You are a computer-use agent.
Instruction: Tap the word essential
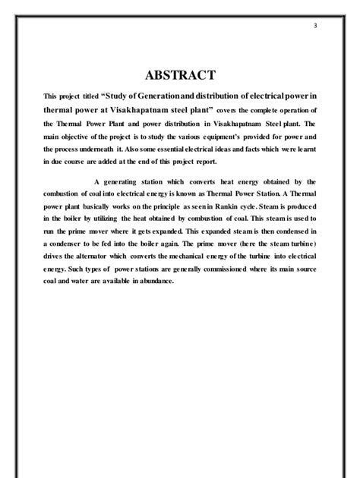click(x=197, y=150)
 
